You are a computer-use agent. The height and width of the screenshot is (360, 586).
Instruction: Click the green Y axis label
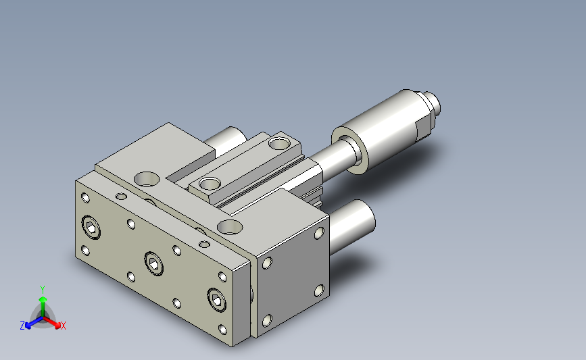pyautogui.click(x=43, y=290)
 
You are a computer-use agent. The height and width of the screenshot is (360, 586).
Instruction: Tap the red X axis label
pyautogui.click(x=63, y=326)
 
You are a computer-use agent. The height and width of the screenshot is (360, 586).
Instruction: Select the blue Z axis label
pyautogui.click(x=22, y=326)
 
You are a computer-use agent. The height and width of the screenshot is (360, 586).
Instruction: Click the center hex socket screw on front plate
pyautogui.click(x=153, y=263)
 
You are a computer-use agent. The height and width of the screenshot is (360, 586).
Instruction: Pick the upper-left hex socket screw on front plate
pyautogui.click(x=91, y=227)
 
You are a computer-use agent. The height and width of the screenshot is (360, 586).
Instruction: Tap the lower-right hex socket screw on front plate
pyautogui.click(x=217, y=299)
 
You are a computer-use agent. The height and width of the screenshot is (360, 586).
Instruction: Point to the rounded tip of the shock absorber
pyautogui.click(x=435, y=103)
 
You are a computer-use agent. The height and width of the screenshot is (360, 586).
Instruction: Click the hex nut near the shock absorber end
pyautogui.click(x=424, y=120)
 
